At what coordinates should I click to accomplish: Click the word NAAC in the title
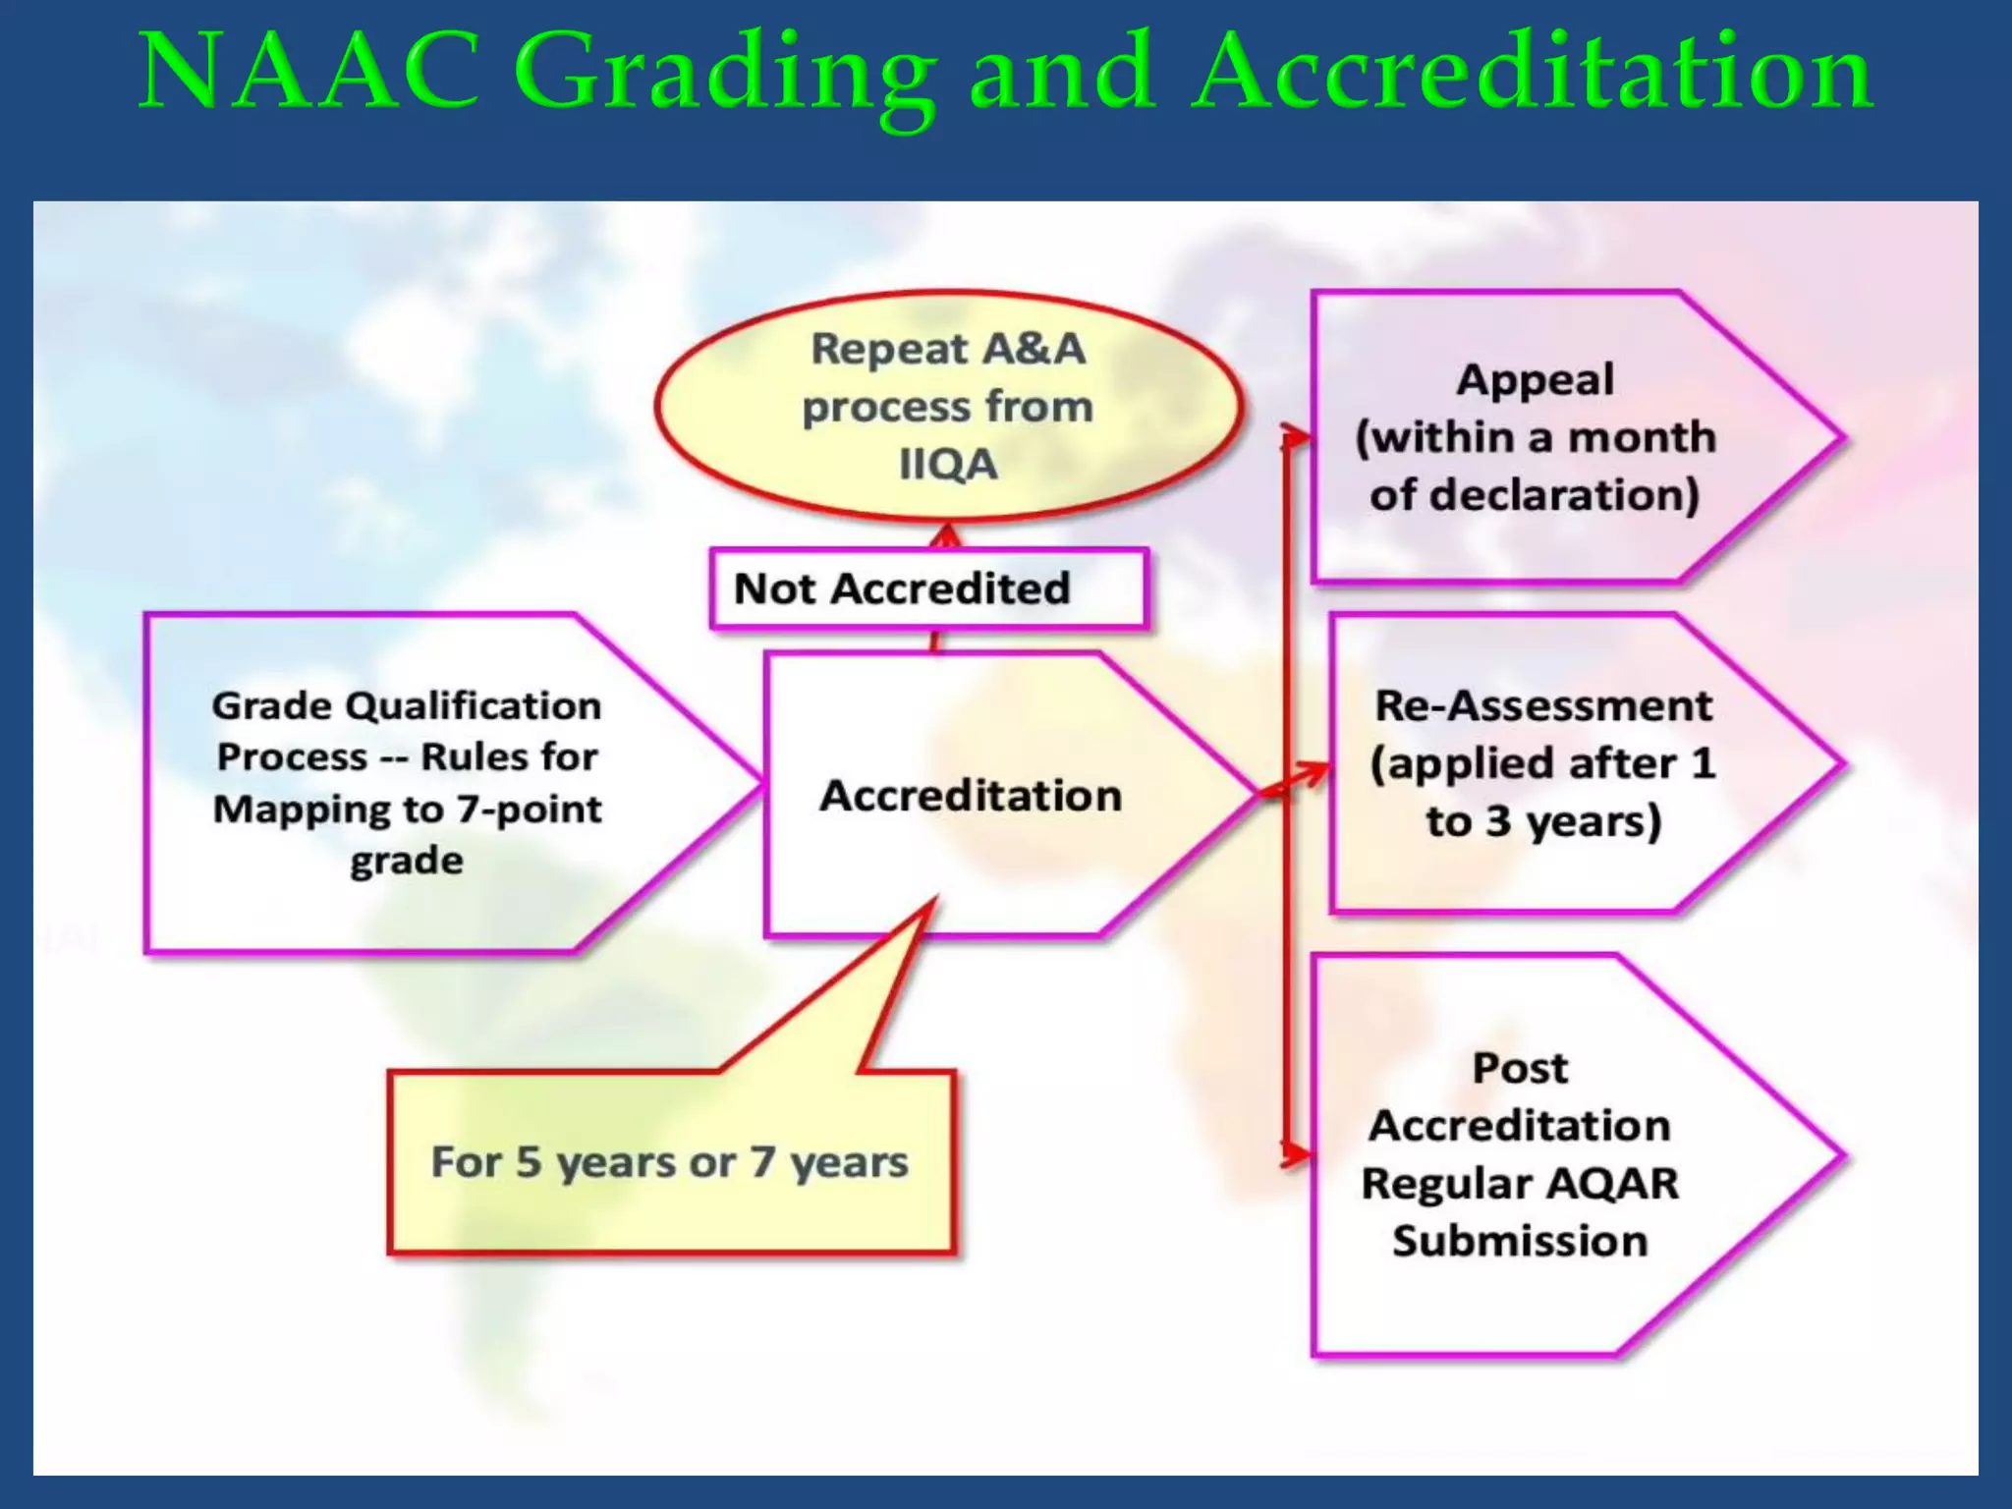308,71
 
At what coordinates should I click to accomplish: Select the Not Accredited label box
927,588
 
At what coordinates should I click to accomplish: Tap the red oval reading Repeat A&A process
949,405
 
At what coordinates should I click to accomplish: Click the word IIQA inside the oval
948,465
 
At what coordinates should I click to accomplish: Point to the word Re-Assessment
1542,705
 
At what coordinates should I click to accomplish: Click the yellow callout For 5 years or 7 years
670,1161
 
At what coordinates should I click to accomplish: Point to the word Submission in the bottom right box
1520,1241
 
